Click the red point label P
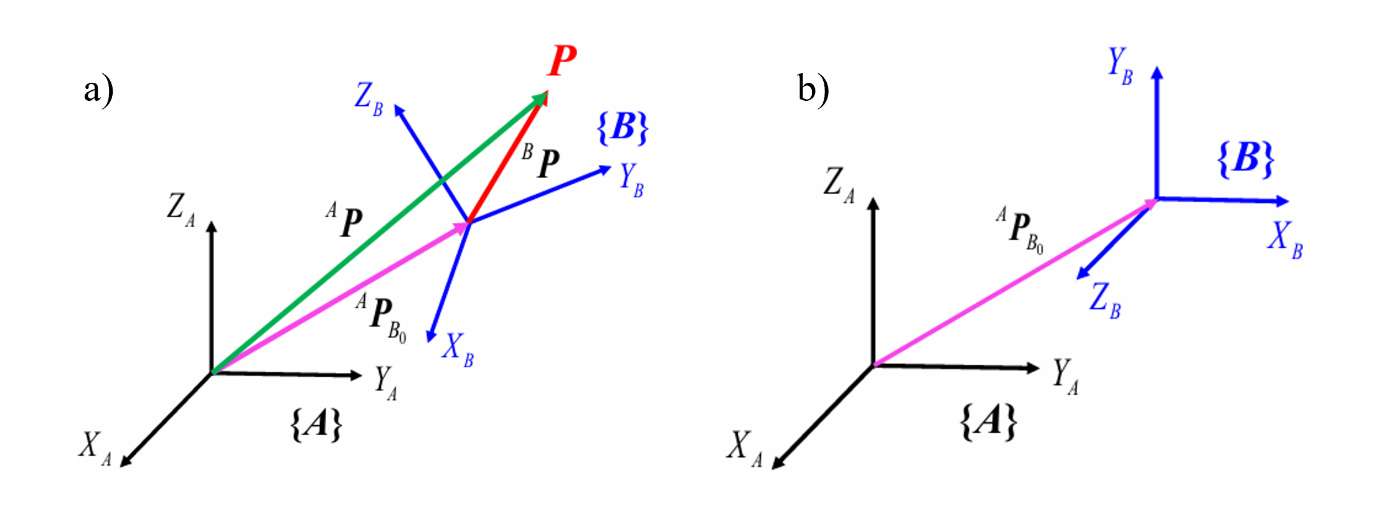[562, 61]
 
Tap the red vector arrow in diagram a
[506, 159]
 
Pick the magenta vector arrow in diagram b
[1015, 283]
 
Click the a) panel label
[98, 91]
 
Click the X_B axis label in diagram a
[458, 349]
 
